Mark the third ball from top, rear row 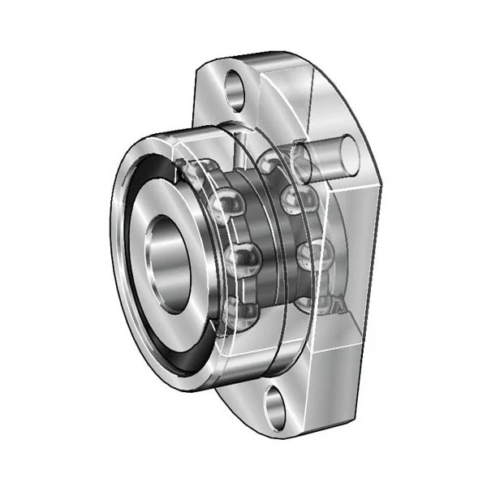(x=308, y=256)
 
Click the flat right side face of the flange (x=357, y=243)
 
